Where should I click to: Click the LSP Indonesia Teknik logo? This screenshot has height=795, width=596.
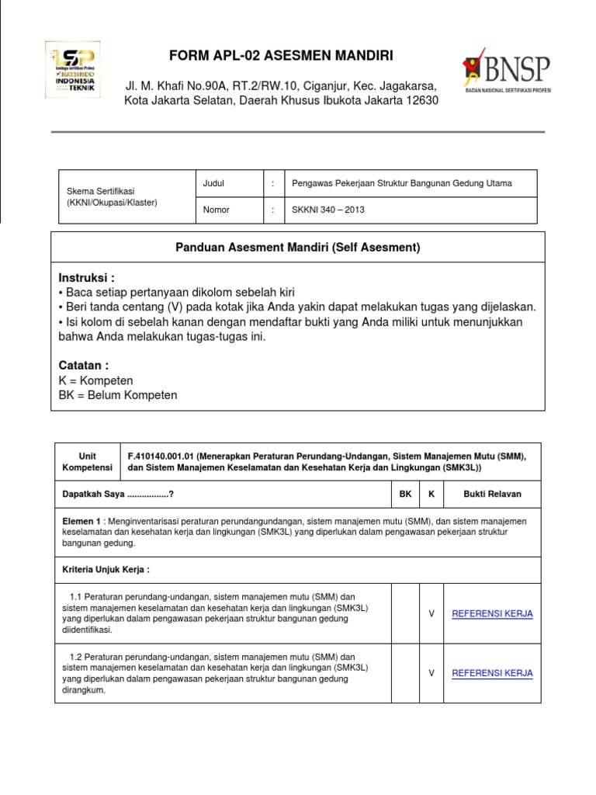[x=74, y=69]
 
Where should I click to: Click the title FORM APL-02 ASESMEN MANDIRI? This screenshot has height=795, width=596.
[x=281, y=55]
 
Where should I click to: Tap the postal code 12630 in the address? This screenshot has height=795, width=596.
[x=418, y=100]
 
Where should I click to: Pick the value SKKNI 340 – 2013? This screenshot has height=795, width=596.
[x=327, y=210]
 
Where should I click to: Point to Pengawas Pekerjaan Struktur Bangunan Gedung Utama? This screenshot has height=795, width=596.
[x=401, y=183]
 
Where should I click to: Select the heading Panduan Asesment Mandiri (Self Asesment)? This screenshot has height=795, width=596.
[x=298, y=248]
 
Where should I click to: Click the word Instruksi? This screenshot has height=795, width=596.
[x=86, y=278]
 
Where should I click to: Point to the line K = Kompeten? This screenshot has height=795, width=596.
[x=96, y=380]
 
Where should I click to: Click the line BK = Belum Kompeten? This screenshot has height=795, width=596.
[x=118, y=395]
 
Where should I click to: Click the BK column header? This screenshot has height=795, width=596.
[x=405, y=494]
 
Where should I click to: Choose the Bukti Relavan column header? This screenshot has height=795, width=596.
[x=492, y=494]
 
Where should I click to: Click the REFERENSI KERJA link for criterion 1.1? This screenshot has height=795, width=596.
[x=492, y=613]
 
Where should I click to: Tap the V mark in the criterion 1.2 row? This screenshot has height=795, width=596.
[x=431, y=673]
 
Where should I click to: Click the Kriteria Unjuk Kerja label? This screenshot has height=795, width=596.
[x=106, y=569]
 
